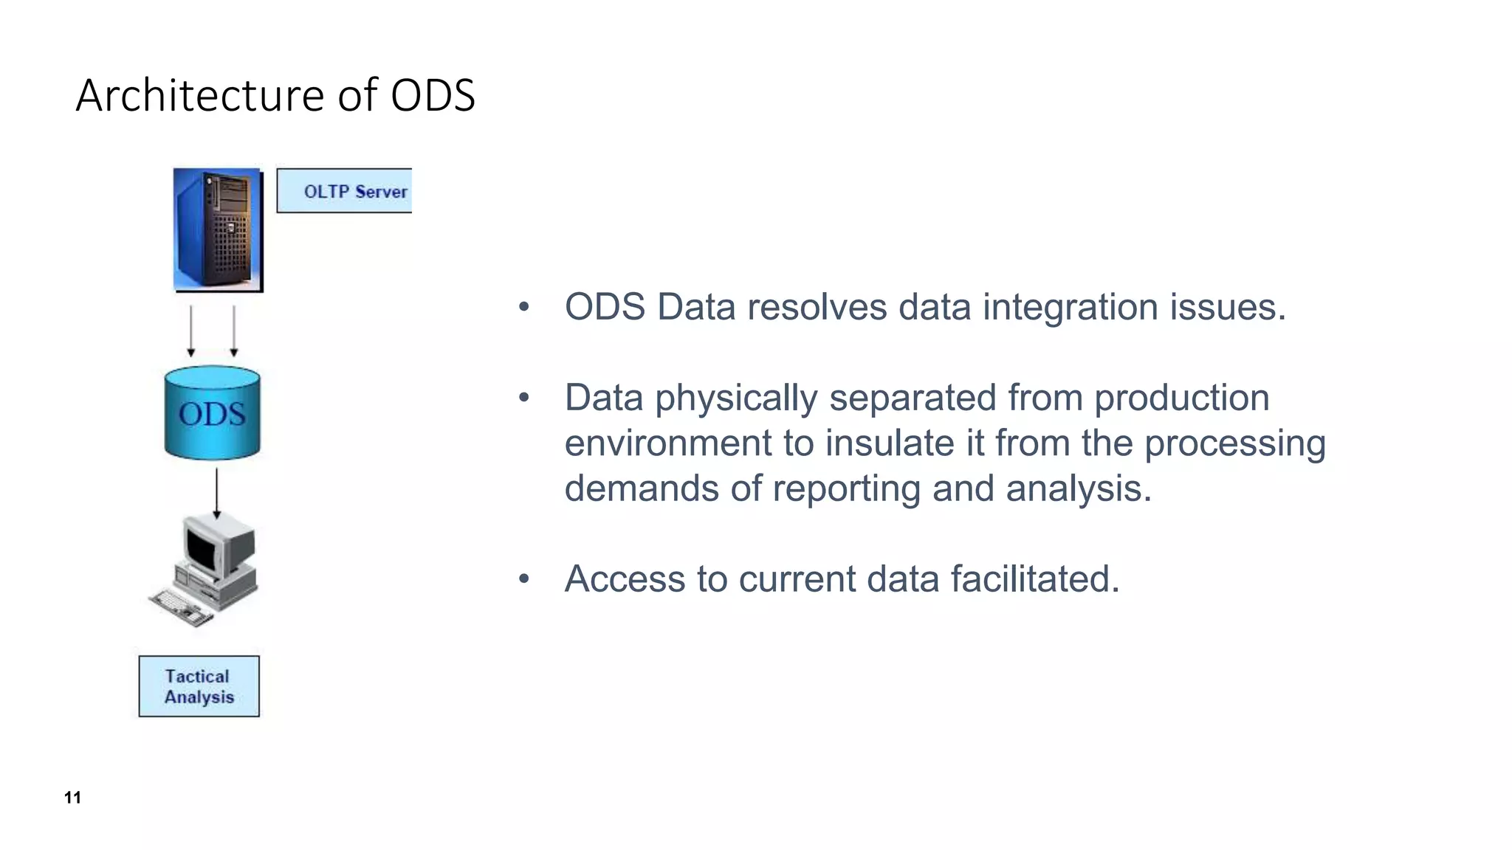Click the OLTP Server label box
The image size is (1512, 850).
(x=344, y=191)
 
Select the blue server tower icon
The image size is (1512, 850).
(x=218, y=230)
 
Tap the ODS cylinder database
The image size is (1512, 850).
(x=212, y=413)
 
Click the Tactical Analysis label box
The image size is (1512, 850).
(x=199, y=686)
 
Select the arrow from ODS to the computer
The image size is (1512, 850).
(x=216, y=493)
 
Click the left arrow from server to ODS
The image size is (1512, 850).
(x=191, y=331)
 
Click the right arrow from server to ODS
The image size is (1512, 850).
(x=234, y=331)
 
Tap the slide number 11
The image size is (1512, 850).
(x=72, y=798)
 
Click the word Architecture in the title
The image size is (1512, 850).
(x=200, y=96)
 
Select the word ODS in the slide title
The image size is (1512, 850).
(x=433, y=96)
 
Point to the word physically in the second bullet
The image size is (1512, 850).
(x=736, y=398)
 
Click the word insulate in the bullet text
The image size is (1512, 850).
(x=890, y=443)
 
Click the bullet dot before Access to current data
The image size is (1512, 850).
(x=523, y=579)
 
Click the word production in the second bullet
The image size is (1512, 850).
(x=1181, y=398)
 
